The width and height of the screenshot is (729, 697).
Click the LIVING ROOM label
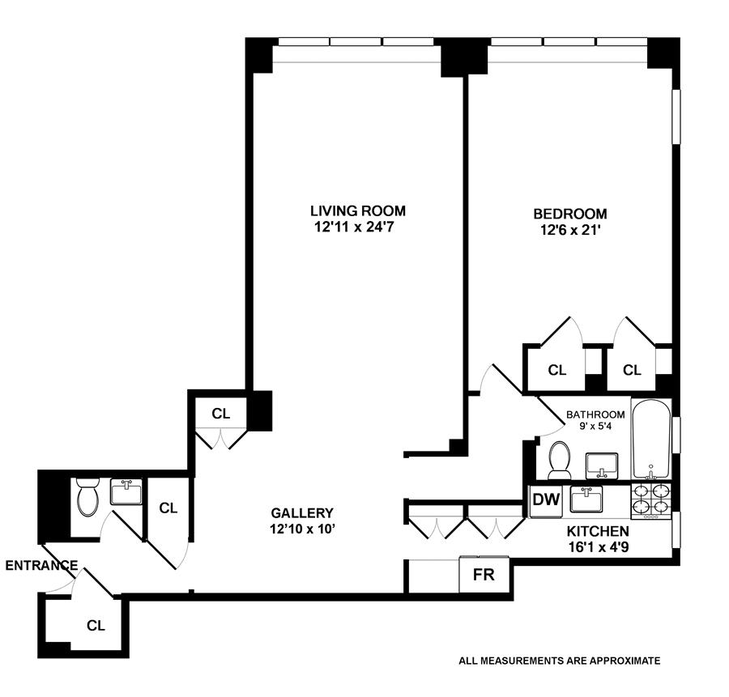point(358,211)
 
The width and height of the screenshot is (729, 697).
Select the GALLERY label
point(302,513)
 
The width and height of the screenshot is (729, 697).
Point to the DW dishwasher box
point(546,500)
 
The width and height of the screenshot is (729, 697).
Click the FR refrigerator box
point(484,575)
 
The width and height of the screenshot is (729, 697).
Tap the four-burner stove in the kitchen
point(651,501)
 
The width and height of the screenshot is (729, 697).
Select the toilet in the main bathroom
point(560,461)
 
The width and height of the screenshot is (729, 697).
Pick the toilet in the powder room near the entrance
point(87,496)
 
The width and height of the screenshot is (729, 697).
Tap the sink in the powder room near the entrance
point(126,492)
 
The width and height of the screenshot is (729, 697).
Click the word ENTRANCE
point(42,566)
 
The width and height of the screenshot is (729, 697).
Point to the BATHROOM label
point(595,414)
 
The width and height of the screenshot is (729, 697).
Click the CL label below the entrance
point(96,626)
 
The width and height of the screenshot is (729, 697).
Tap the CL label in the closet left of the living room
point(221,414)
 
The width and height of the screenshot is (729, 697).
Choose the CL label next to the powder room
point(168,508)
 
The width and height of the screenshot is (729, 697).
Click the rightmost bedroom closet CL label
point(632,370)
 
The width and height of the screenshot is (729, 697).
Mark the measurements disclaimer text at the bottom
point(560,661)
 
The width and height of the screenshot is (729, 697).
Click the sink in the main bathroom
point(602,466)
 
